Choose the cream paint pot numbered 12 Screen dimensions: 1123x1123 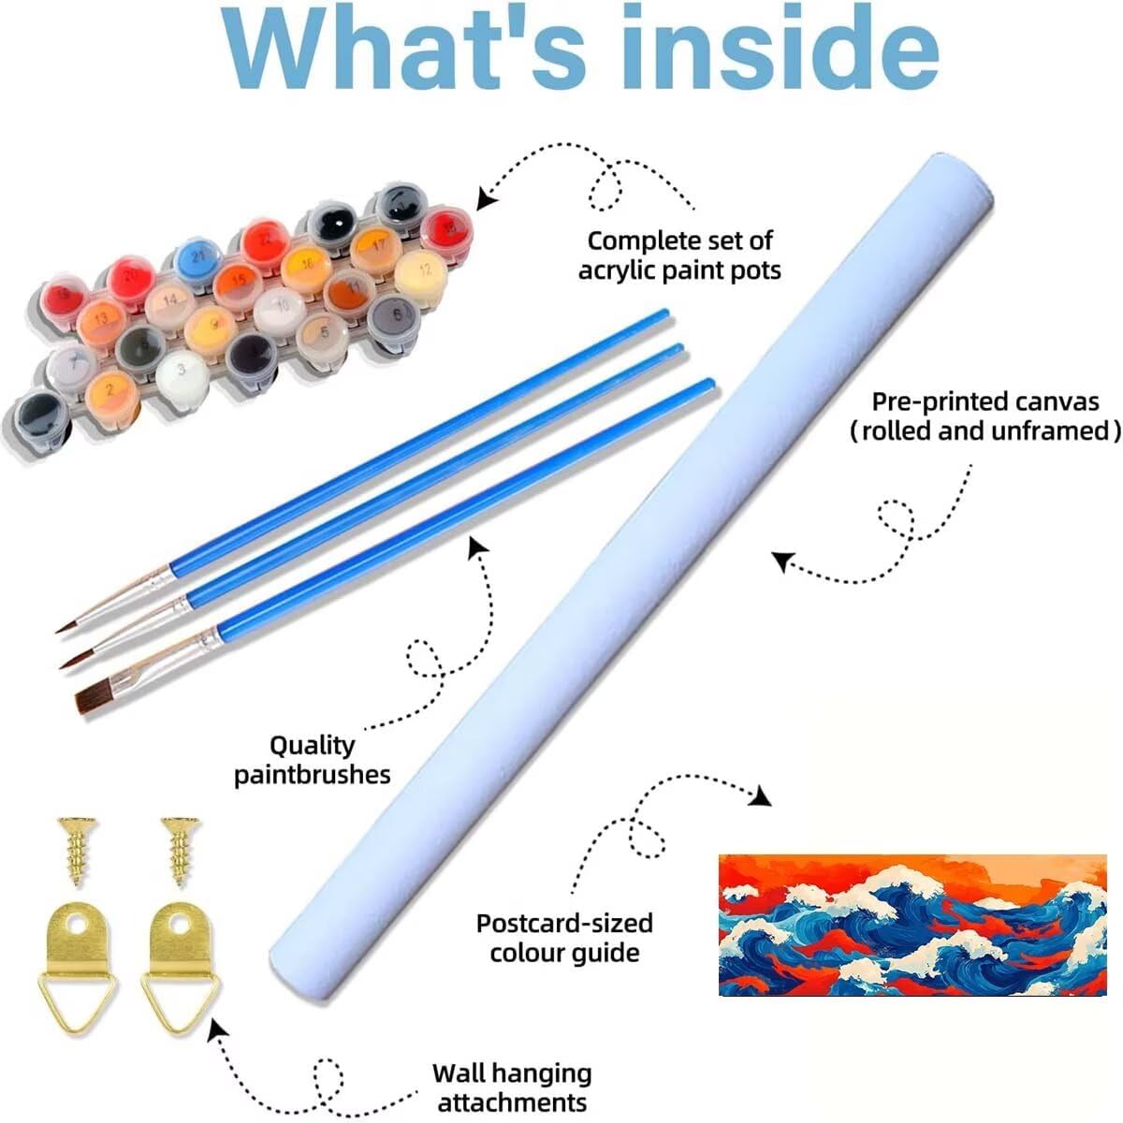coord(422,270)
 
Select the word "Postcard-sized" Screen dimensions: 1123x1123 coord(563,923)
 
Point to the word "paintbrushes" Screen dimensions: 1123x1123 coord(312,775)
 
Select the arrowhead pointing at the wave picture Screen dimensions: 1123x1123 coord(762,796)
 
